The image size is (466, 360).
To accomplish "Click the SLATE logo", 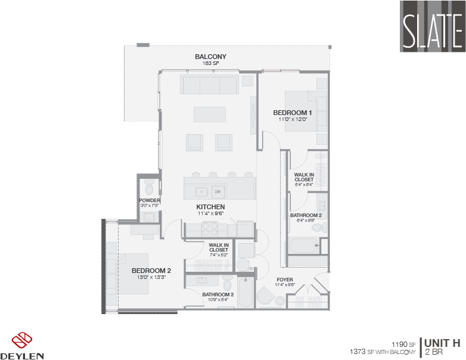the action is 433,26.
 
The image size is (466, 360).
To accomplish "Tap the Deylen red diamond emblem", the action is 22,340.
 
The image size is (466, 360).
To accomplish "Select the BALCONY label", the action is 211,57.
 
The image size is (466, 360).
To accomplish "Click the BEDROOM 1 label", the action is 293,113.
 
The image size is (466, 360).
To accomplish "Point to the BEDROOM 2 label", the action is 151,271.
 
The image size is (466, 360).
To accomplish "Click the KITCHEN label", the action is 210,207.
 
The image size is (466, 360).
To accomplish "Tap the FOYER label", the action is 285,280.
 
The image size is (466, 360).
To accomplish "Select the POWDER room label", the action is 150,200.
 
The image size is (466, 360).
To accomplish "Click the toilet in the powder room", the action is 149,187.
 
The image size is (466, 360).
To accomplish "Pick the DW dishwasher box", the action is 218,192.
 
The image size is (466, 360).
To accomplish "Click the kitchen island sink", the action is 201,192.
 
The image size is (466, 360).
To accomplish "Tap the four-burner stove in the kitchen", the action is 210,229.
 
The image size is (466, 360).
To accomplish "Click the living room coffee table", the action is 210,114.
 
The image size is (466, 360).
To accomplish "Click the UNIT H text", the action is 443,343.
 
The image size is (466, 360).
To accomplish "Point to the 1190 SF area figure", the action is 403,345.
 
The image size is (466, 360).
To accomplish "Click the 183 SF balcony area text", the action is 211,63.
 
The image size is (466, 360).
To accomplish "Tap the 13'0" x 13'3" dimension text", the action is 151,277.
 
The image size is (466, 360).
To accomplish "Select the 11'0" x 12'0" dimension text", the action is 293,119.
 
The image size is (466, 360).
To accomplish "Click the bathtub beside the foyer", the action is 246,291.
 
